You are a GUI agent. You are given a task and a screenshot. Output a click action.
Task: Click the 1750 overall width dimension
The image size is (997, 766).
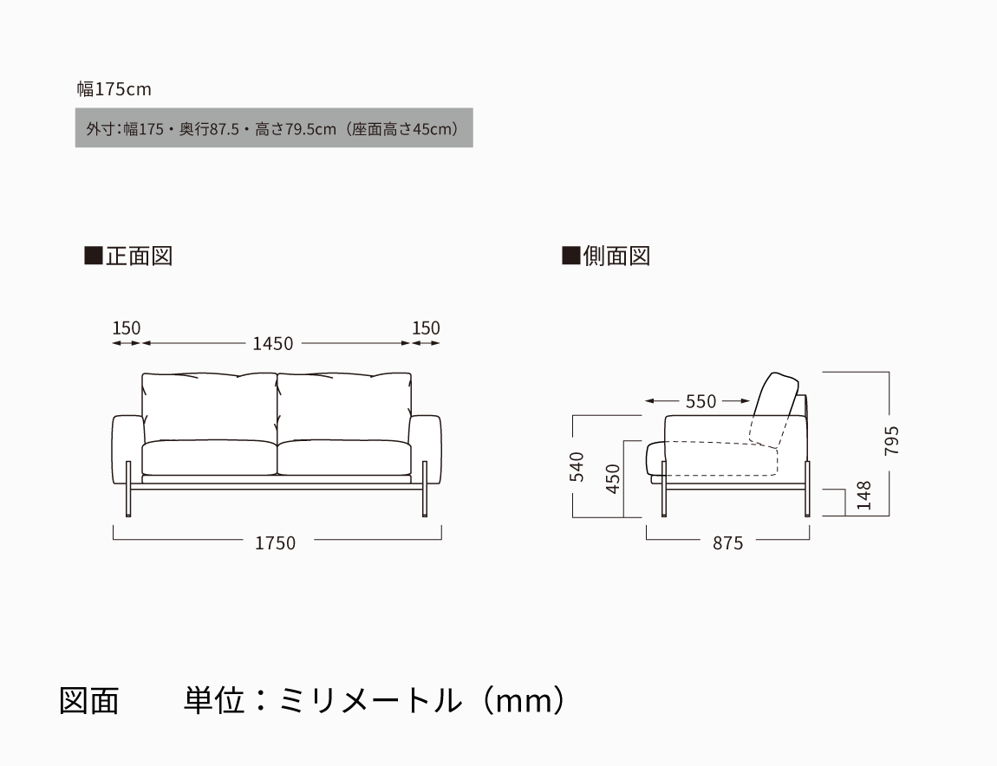tap(276, 543)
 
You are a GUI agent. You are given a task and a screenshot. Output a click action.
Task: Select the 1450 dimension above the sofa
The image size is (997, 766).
tap(273, 344)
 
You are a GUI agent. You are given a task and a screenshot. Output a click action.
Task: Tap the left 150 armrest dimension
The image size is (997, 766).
tap(126, 328)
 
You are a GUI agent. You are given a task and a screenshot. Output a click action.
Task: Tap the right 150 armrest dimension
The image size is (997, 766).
tap(426, 328)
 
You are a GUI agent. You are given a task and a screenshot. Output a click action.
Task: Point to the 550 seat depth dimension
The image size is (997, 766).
tap(701, 401)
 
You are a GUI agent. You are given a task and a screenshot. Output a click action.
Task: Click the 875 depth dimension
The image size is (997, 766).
tap(728, 543)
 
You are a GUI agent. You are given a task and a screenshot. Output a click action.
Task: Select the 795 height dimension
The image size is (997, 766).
tap(891, 440)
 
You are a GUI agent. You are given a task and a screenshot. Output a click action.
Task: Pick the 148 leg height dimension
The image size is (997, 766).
tap(863, 495)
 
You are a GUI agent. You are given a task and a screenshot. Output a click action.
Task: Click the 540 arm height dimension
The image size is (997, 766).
tap(576, 466)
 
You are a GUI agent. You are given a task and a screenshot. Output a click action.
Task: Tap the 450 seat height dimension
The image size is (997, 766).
tap(612, 479)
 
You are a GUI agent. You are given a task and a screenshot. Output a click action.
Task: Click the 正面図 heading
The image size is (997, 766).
tap(129, 256)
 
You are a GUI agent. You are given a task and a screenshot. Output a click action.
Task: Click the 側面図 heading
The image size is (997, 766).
tap(607, 256)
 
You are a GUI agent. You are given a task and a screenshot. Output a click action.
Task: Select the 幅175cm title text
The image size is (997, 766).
tap(114, 89)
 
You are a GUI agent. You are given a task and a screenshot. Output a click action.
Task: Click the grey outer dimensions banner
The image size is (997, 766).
tap(274, 127)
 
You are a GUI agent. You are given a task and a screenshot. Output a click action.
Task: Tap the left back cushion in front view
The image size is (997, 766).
tap(209, 407)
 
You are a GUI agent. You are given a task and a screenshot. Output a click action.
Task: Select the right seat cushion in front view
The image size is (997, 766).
tap(345, 457)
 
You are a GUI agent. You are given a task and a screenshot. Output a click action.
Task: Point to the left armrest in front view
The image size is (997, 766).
tap(127, 450)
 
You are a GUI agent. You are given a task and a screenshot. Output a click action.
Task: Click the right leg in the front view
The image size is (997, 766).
tap(424, 489)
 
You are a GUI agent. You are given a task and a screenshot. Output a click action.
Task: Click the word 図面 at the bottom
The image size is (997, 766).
tap(89, 700)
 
